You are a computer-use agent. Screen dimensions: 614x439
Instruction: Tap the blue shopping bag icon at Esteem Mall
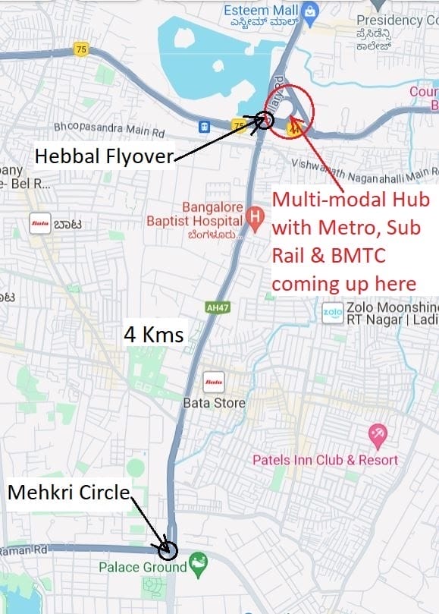pyautogui.click(x=309, y=11)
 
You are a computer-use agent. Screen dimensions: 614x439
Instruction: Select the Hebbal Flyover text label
pyautogui.click(x=105, y=156)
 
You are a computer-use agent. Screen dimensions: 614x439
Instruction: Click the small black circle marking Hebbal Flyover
pyautogui.click(x=265, y=120)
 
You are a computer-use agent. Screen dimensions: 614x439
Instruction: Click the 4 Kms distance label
pyautogui.click(x=154, y=334)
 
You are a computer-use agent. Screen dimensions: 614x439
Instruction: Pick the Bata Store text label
pyautogui.click(x=214, y=403)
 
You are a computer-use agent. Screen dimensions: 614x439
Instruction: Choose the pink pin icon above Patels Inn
pyautogui.click(x=377, y=436)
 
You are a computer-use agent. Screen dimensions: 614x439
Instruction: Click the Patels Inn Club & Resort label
pyautogui.click(x=325, y=460)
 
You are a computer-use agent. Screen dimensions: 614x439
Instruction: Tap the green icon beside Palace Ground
pyautogui.click(x=199, y=565)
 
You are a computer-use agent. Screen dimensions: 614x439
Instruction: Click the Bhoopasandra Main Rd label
pyautogui.click(x=109, y=128)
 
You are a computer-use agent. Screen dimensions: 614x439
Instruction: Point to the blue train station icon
pyautogui.click(x=205, y=124)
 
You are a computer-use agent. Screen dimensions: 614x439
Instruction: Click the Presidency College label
pyautogui.click(x=402, y=20)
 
